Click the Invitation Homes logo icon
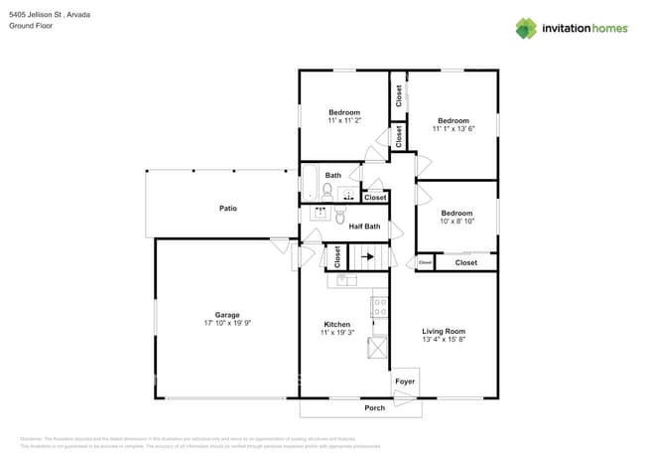click(526, 29)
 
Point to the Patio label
click(227, 208)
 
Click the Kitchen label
click(336, 324)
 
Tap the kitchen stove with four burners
click(379, 307)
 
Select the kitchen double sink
click(344, 281)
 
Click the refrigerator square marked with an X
click(379, 348)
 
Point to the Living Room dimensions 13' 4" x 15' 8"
click(443, 340)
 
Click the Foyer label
click(405, 381)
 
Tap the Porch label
click(374, 407)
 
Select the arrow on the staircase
click(367, 256)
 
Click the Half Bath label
click(363, 227)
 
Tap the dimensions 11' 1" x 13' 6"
click(452, 129)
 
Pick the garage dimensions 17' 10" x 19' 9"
click(227, 323)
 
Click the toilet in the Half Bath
click(339, 216)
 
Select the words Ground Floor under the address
click(30, 26)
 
